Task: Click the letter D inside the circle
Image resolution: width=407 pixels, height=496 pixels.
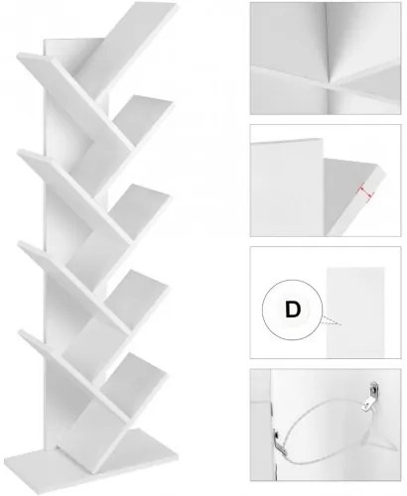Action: [293, 310]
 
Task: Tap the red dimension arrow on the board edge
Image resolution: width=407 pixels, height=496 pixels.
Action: [365, 192]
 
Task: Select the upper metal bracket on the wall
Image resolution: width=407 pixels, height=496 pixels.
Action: [370, 397]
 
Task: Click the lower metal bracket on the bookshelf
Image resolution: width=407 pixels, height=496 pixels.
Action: [280, 441]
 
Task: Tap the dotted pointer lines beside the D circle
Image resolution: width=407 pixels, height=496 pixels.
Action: [331, 321]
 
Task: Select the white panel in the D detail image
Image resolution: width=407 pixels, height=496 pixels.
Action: [355, 312]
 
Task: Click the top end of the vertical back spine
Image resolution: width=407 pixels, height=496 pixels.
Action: [69, 41]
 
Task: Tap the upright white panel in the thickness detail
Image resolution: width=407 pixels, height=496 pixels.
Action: [287, 187]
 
